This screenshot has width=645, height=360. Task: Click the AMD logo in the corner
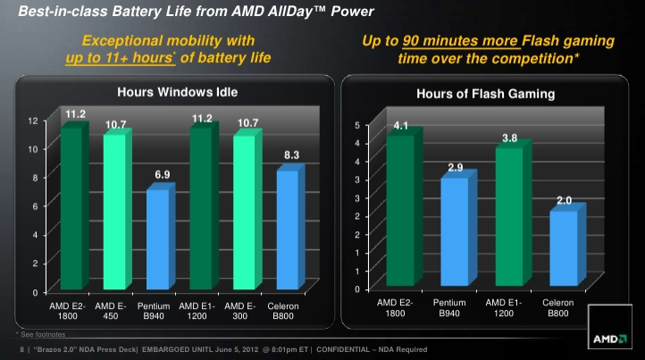click(609, 327)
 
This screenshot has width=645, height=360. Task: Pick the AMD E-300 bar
click(247, 209)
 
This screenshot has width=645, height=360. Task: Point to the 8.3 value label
click(291, 155)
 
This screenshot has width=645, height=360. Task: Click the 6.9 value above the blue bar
click(162, 174)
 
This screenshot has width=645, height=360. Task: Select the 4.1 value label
click(400, 125)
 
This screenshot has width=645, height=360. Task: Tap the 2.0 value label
click(564, 200)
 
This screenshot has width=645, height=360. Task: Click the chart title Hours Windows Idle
click(177, 92)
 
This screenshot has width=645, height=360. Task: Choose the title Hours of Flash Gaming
click(485, 94)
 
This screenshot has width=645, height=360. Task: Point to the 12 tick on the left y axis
click(33, 121)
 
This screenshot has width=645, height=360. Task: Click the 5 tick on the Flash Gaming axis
click(357, 125)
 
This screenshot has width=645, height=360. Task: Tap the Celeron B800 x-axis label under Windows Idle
click(283, 311)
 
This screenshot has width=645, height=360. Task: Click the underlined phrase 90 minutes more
click(460, 41)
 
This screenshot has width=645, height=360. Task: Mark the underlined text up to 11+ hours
click(120, 57)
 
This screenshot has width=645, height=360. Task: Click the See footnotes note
click(41, 334)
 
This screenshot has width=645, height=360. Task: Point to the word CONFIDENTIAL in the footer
click(343, 349)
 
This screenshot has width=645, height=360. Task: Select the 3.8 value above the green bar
click(510, 138)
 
